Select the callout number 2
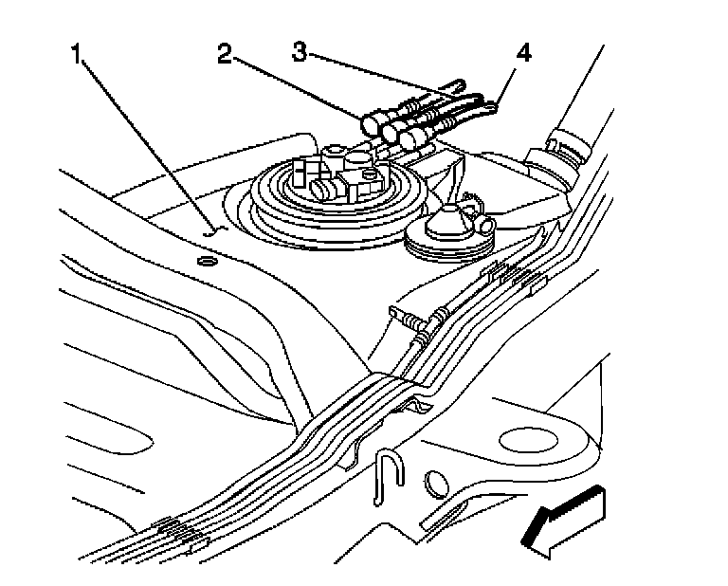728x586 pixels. tap(224, 54)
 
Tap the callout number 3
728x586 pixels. tap(300, 52)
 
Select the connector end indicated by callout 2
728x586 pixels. tap(372, 123)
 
